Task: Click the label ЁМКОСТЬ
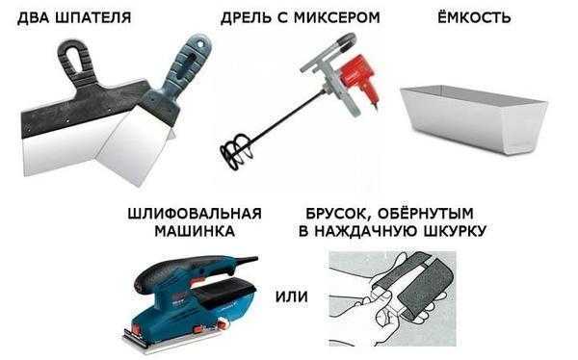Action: (474, 17)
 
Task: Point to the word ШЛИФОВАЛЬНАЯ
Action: (195, 214)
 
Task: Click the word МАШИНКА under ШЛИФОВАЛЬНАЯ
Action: (195, 231)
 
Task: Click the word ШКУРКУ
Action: (456, 231)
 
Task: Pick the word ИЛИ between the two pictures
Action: (292, 296)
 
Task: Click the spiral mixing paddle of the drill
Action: (236, 150)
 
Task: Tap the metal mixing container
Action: (474, 119)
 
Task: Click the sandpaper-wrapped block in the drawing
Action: (413, 288)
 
